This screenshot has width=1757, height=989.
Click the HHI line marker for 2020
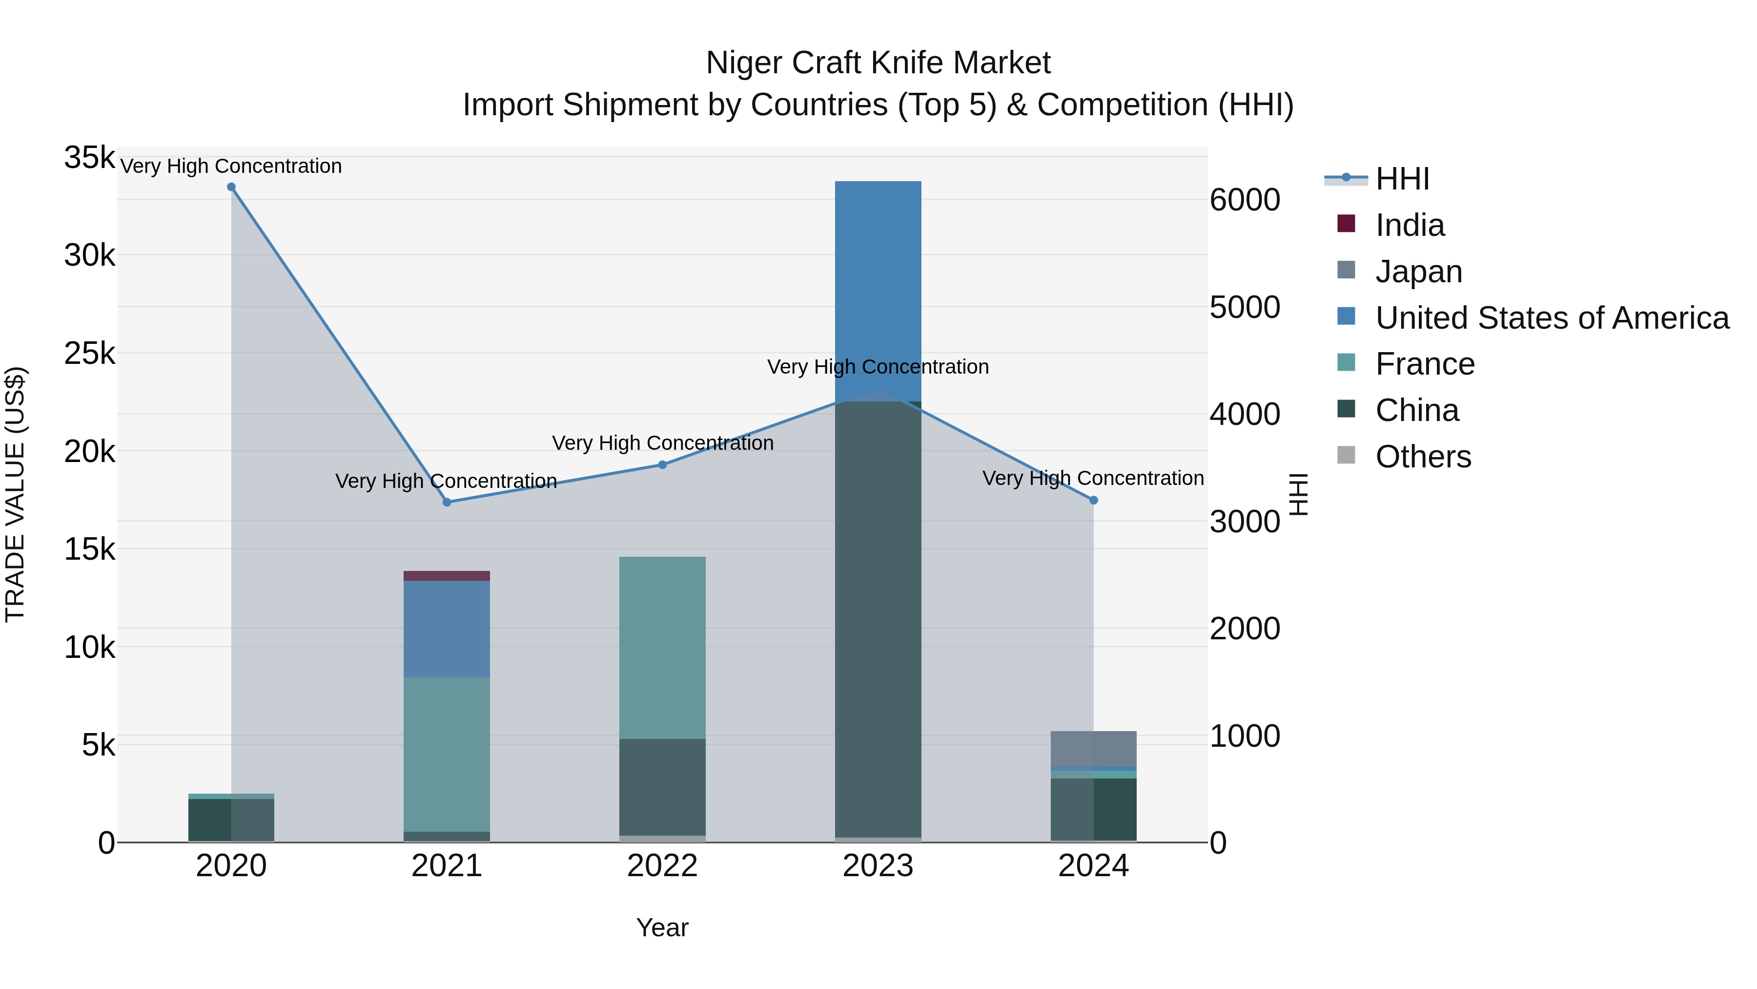click(231, 187)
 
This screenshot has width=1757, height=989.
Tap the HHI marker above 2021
click(447, 503)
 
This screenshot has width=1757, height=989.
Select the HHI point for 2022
click(662, 465)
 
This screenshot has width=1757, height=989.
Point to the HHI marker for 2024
click(1093, 500)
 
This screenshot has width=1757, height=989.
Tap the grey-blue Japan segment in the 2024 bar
click(1093, 749)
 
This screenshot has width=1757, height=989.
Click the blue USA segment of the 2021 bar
click(447, 629)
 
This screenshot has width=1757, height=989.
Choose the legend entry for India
click(1409, 225)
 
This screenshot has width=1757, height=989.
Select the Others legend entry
click(1423, 457)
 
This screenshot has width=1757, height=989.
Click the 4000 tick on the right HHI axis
click(1245, 414)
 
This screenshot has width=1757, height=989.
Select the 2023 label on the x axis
click(878, 866)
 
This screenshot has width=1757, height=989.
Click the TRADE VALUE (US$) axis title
click(16, 494)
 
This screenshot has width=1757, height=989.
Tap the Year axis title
click(662, 927)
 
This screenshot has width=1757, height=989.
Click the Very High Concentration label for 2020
click(231, 167)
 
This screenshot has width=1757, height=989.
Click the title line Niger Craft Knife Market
click(878, 63)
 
